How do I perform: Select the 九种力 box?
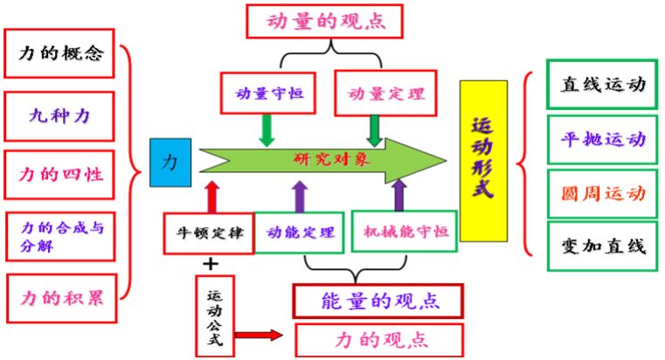click(x=61, y=114)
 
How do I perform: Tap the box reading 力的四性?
click(x=61, y=173)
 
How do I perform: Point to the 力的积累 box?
click(x=61, y=296)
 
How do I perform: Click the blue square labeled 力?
click(x=170, y=162)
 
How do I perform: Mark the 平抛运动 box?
click(x=602, y=139)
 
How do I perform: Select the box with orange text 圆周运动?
click(x=602, y=193)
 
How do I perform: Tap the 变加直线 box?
click(x=602, y=246)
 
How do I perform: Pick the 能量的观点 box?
click(x=378, y=302)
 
